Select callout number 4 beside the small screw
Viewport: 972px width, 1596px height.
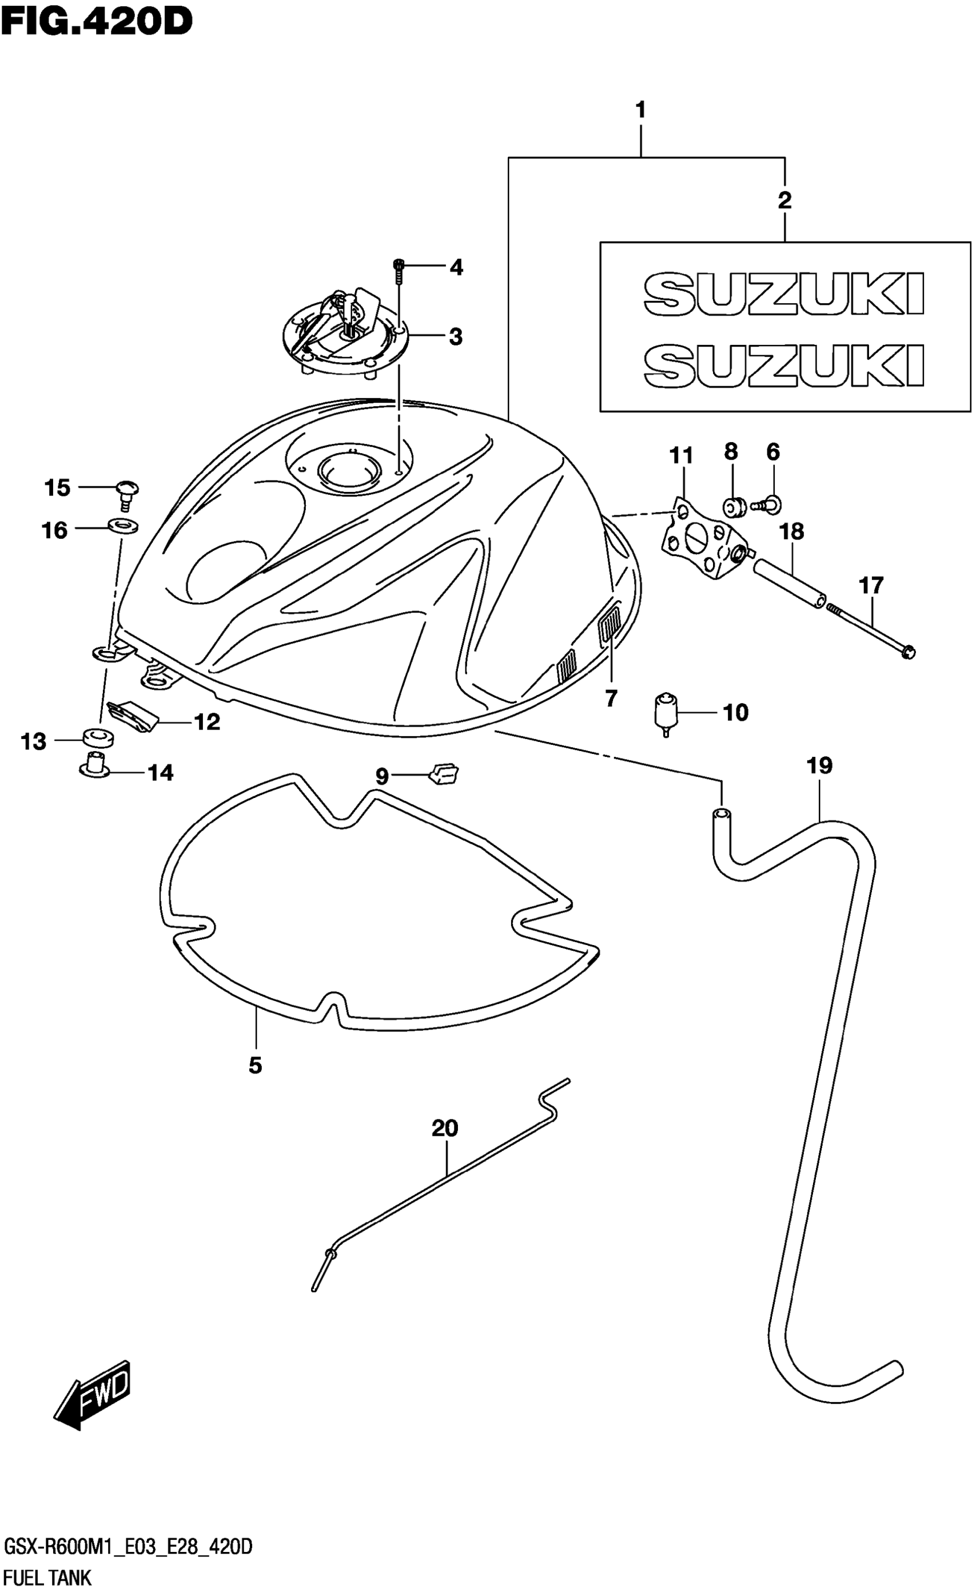point(456,267)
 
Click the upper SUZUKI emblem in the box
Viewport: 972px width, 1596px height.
point(783,295)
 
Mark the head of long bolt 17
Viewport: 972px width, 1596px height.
point(908,652)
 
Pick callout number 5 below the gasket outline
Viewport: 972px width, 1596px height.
point(255,1065)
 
